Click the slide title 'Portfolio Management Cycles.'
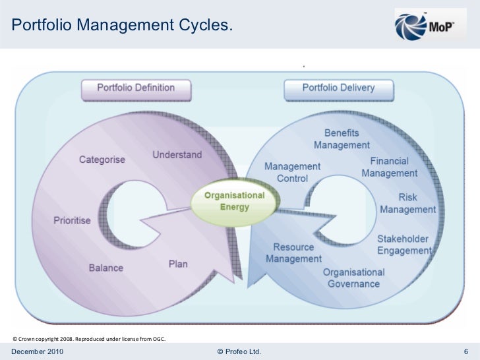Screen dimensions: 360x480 click(122, 25)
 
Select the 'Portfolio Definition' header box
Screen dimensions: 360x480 click(136, 88)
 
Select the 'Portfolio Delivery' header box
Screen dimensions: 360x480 click(338, 88)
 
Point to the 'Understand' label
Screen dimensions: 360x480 click(178, 155)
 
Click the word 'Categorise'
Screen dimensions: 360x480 click(102, 160)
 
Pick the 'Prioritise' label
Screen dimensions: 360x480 click(72, 220)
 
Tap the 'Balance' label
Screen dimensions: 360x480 click(106, 268)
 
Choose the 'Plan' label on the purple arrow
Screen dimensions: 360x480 click(178, 264)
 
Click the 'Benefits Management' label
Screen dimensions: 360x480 click(342, 139)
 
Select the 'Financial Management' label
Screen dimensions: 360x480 click(389, 167)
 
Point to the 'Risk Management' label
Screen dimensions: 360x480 click(407, 204)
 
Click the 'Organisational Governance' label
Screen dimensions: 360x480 click(354, 278)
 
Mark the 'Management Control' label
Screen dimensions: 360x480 click(292, 172)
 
